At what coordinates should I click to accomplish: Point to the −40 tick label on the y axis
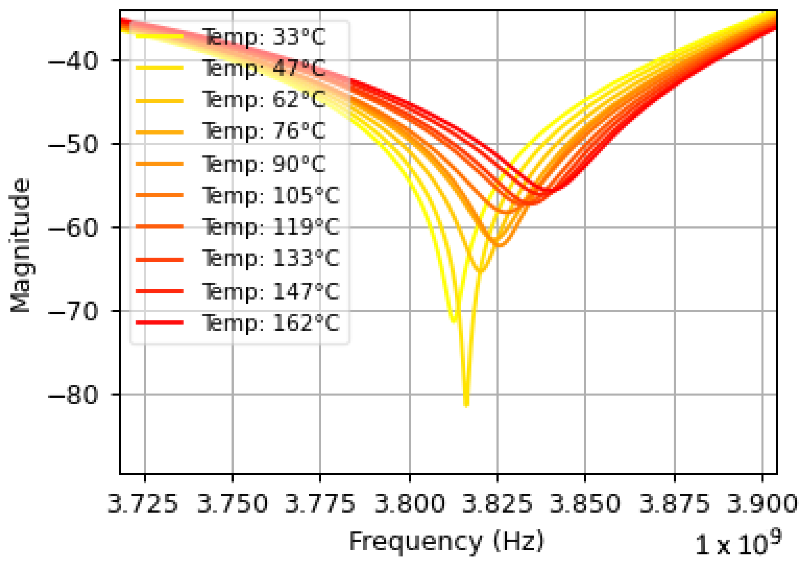[73, 61]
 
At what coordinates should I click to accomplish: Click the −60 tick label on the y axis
[73, 228]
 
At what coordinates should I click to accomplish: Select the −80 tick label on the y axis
[73, 395]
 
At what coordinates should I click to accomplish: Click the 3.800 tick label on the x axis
[409, 503]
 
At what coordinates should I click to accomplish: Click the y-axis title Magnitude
[20, 245]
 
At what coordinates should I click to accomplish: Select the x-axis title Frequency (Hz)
[446, 541]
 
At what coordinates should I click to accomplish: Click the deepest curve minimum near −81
[466, 406]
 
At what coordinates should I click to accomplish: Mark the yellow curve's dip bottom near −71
[453, 320]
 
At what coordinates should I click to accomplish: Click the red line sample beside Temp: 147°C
[160, 291]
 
